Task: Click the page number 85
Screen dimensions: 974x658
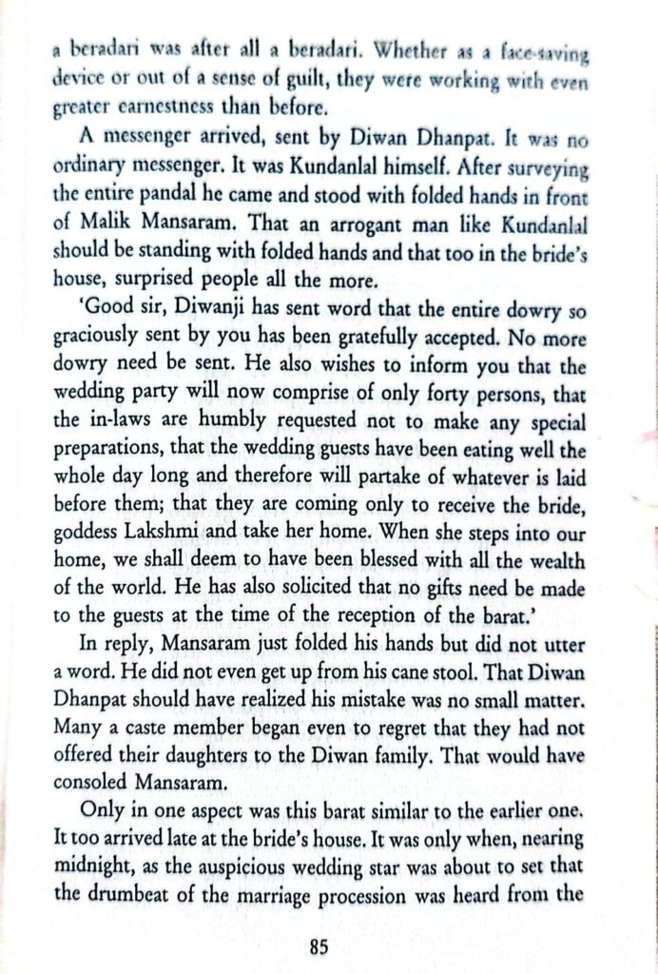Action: click(x=319, y=946)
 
